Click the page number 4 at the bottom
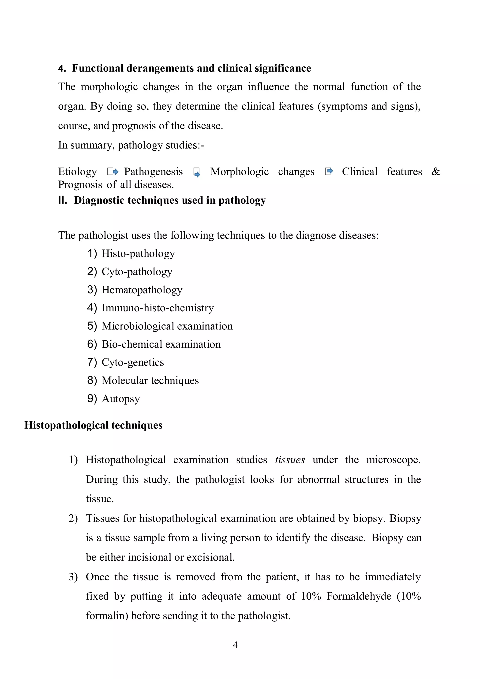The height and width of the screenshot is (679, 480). pos(235,645)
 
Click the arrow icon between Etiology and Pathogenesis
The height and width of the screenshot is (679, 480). pos(113,171)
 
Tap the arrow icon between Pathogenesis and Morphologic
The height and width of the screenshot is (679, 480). pos(197,172)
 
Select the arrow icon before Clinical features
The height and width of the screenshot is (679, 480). pos(329,171)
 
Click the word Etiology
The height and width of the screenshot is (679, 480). pos(78,172)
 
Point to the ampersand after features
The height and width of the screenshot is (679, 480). pos(436,172)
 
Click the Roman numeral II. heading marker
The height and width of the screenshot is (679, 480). pos(62,200)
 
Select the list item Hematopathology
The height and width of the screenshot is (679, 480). pos(142,290)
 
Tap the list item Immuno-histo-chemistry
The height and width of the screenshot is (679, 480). pos(158,308)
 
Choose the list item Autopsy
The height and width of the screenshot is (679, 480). pos(121,399)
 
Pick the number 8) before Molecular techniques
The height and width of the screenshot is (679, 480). pos(92,380)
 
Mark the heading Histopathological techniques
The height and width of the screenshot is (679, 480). pos(94,425)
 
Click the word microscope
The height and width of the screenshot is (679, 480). pos(393,460)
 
